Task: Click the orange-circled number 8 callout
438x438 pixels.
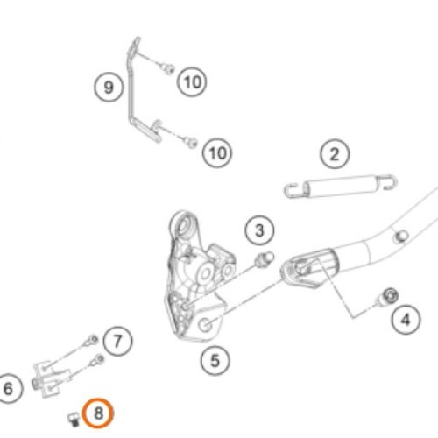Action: pos(97,413)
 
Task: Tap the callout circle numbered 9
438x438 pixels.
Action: pos(109,87)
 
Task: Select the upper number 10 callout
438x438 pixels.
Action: pos(192,81)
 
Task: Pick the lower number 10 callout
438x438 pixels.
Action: pos(217,152)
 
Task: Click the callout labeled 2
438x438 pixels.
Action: pos(335,154)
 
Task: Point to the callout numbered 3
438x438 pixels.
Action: pos(259,230)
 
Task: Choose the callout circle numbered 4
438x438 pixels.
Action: pos(406,320)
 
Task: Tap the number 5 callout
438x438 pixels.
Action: pos(215,361)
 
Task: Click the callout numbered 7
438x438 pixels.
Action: pos(117,341)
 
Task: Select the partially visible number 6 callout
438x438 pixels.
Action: pos(9,389)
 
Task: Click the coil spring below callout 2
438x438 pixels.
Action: pos(341,187)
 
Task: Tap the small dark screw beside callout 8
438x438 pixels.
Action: pos(74,420)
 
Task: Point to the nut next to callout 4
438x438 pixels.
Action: pos(388,297)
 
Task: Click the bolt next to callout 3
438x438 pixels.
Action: pos(265,258)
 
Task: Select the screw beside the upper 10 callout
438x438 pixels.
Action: pos(168,69)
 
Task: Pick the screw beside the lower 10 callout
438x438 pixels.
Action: pos(192,143)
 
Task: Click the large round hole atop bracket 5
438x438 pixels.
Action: pos(184,224)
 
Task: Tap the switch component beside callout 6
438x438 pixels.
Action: pos(51,379)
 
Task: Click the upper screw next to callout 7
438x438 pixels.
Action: pos(92,340)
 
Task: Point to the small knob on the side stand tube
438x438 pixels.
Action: pos(401,237)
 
